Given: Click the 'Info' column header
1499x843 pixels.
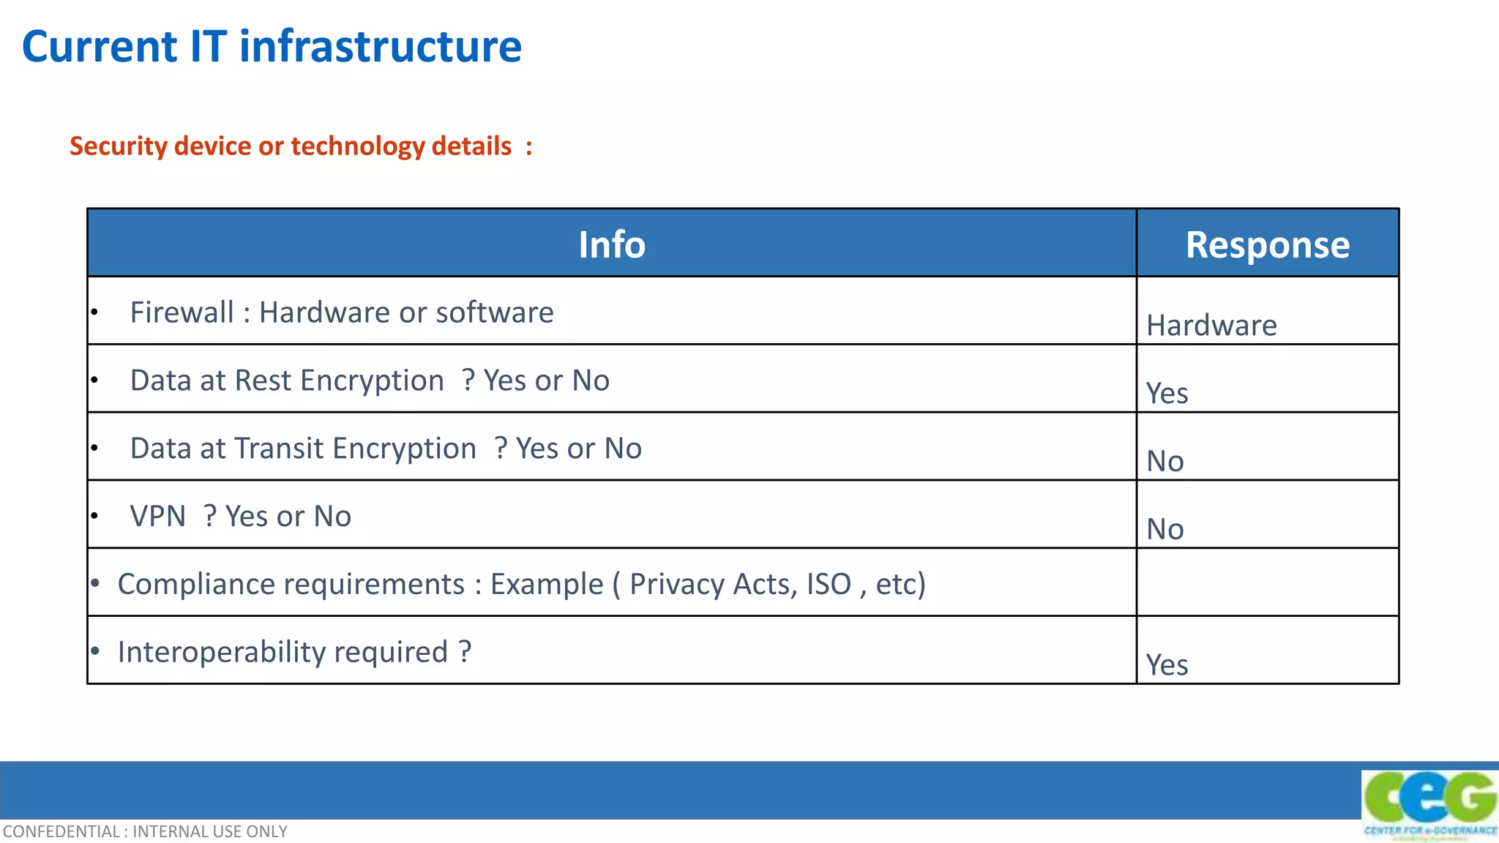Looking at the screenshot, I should point(612,244).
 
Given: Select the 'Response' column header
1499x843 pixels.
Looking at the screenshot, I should point(1267,244).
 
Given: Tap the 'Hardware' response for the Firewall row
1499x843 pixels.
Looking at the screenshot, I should point(1211,326).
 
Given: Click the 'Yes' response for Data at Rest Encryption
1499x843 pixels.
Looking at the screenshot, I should point(1167,394).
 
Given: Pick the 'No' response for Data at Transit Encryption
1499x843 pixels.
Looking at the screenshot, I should point(1165,462).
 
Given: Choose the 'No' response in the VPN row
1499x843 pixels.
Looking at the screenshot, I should point(1165,529).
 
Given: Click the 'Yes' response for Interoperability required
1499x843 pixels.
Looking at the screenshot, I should point(1167,665).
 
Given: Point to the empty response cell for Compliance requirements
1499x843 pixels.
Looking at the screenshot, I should point(1267,582).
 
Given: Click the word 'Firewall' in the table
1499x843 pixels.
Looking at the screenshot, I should point(182,312).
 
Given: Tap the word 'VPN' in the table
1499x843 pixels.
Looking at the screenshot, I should point(157,517).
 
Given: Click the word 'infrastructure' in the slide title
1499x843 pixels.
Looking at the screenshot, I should point(381,47).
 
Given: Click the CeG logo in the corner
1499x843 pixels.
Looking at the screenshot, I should point(1429,803).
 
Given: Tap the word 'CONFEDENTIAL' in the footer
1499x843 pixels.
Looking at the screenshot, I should point(61,832).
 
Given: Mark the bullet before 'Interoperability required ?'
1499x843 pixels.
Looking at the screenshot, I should point(95,651).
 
